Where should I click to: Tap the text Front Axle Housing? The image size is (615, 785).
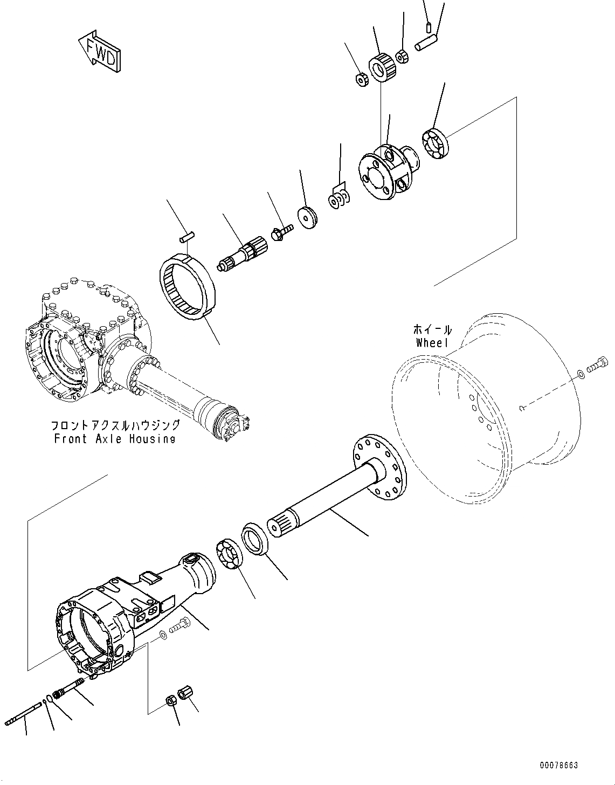click(x=115, y=438)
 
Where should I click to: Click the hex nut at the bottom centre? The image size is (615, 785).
click(x=170, y=700)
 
